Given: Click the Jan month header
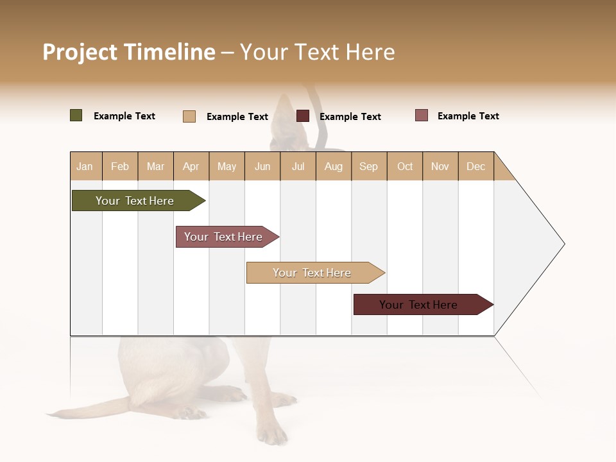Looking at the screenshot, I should tap(85, 166).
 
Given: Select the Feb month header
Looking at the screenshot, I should tap(120, 166).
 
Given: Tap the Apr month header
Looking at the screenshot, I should tap(191, 166).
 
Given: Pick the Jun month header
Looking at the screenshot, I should tap(262, 166).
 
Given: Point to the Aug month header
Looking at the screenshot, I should tap(334, 166).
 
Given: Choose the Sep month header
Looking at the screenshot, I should tap(369, 166).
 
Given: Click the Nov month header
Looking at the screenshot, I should tap(440, 166).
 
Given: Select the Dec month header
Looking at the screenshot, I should tap(476, 166).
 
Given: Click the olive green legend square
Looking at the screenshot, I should tap(76, 116).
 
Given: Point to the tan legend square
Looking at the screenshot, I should tap(189, 116).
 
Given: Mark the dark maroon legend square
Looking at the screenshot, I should tap(303, 116).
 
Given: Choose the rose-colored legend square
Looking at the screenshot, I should tap(422, 116).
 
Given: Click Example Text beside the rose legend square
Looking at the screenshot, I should tap(468, 116).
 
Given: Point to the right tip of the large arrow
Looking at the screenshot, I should tap(563, 244).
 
